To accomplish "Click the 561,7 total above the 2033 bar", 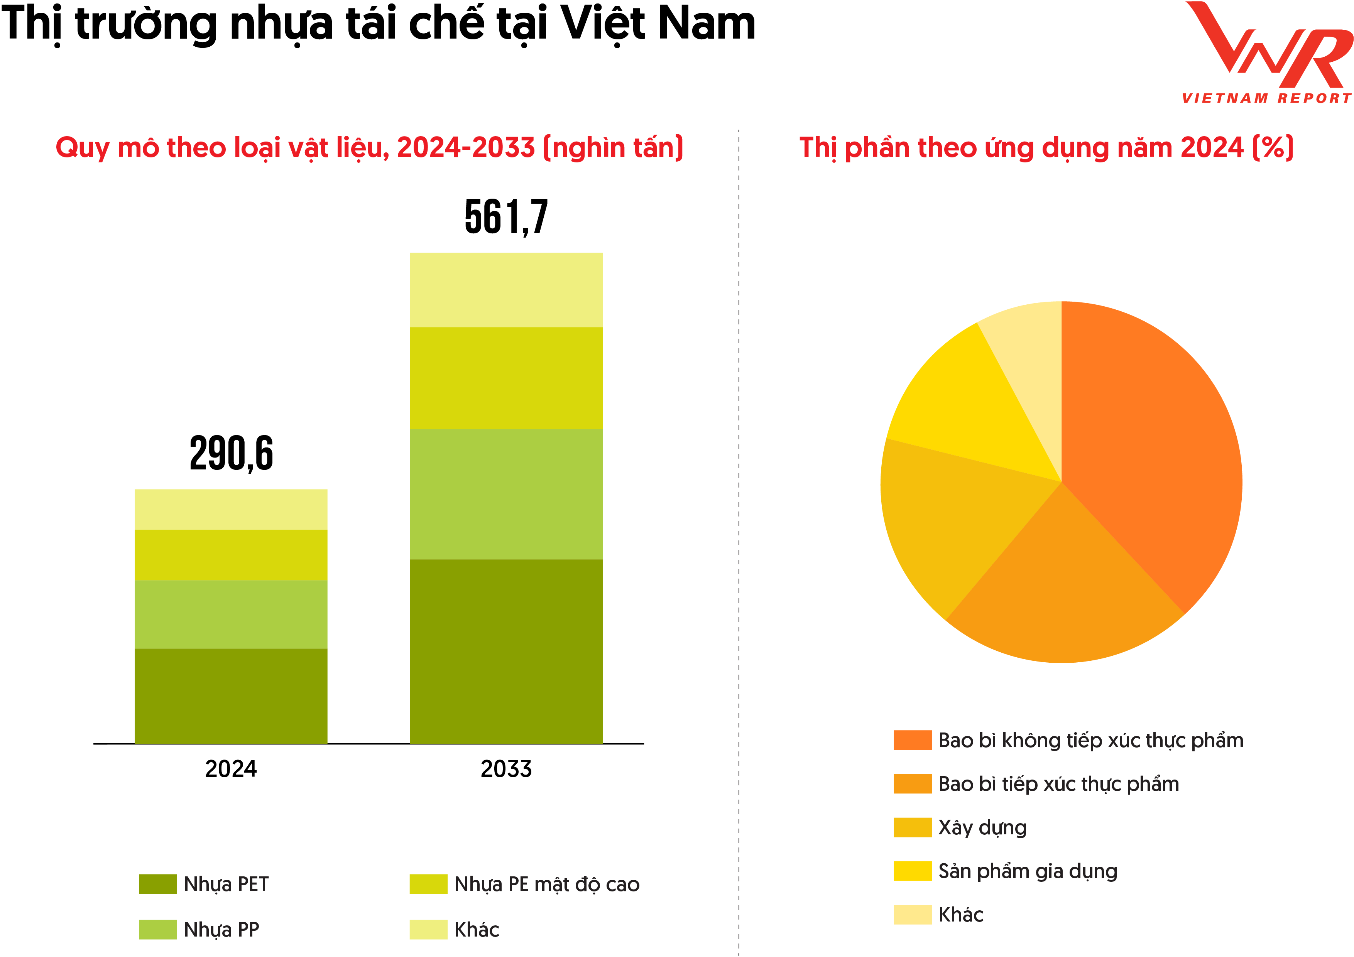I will click(x=506, y=217).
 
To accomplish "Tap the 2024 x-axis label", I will click(x=231, y=769).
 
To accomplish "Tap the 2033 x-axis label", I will click(x=506, y=769).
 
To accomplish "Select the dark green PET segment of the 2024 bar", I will click(x=231, y=696).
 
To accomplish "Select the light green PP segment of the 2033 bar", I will click(x=506, y=494).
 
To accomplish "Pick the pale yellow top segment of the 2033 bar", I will click(x=506, y=290).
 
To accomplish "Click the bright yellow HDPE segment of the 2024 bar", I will click(x=231, y=555).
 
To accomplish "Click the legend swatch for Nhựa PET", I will click(x=157, y=884).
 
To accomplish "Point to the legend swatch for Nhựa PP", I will click(x=157, y=929).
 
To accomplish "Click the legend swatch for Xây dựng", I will click(x=912, y=827).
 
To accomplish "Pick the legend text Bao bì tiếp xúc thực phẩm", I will click(x=1058, y=784).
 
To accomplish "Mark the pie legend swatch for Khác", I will click(x=912, y=915).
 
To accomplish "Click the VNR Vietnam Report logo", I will click(x=1268, y=53).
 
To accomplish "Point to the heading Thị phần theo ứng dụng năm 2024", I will click(x=1046, y=147).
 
